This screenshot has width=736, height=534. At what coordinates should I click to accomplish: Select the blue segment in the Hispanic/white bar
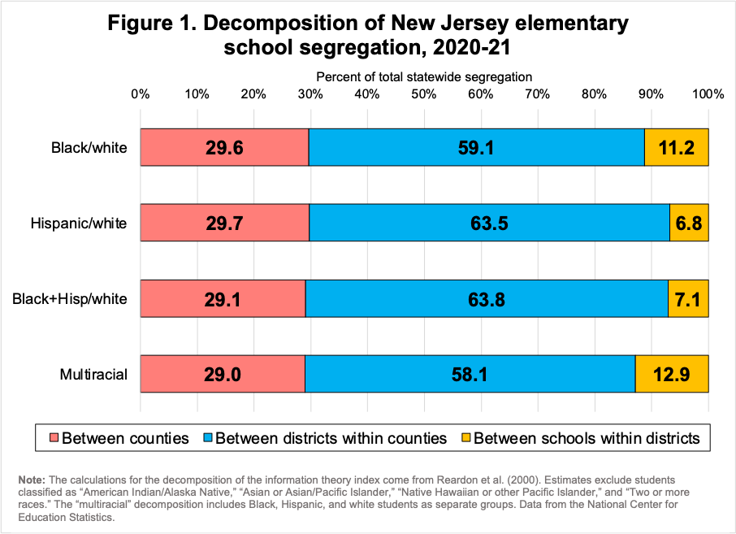(x=422, y=223)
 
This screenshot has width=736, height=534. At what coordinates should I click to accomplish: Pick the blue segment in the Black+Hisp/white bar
(x=422, y=299)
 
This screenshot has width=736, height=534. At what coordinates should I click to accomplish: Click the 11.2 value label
(x=677, y=148)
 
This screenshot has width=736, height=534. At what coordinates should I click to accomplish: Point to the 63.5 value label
(x=489, y=223)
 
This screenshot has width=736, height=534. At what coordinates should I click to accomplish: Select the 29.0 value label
(x=223, y=375)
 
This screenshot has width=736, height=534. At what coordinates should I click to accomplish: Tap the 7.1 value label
(x=688, y=299)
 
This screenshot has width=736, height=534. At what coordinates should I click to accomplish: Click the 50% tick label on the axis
(x=424, y=93)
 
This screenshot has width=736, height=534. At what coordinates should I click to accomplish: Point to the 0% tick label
(x=141, y=93)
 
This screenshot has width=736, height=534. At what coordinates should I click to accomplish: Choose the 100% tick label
(x=708, y=93)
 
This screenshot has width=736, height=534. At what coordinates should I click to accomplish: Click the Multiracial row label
(x=93, y=375)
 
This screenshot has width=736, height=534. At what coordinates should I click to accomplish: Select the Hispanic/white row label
(x=79, y=223)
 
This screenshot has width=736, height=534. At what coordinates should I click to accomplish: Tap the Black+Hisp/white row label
(x=70, y=299)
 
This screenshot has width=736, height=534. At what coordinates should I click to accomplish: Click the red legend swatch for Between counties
(x=53, y=438)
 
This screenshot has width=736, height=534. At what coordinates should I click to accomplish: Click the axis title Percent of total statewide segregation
(x=424, y=76)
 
